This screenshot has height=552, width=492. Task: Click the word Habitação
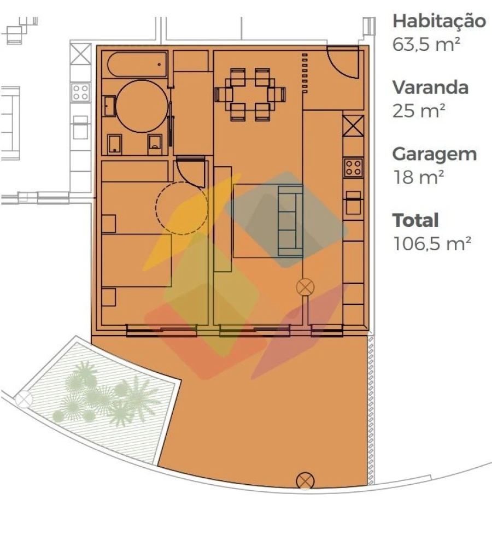tap(439, 22)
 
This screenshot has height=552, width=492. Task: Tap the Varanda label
tap(430, 87)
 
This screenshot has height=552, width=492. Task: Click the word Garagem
tap(435, 154)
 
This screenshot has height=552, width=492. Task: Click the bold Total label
tap(415, 221)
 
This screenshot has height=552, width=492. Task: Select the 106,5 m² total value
tap(432, 244)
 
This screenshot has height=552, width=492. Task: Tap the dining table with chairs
tap(250, 95)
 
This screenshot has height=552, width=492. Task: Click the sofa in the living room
tap(290, 221)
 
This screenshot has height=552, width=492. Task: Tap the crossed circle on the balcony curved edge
tap(305, 481)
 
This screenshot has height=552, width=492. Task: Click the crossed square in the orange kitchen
tap(353, 126)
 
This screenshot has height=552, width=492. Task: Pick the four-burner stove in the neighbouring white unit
tap(80, 92)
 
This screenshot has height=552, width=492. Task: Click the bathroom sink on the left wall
tap(109, 106)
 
